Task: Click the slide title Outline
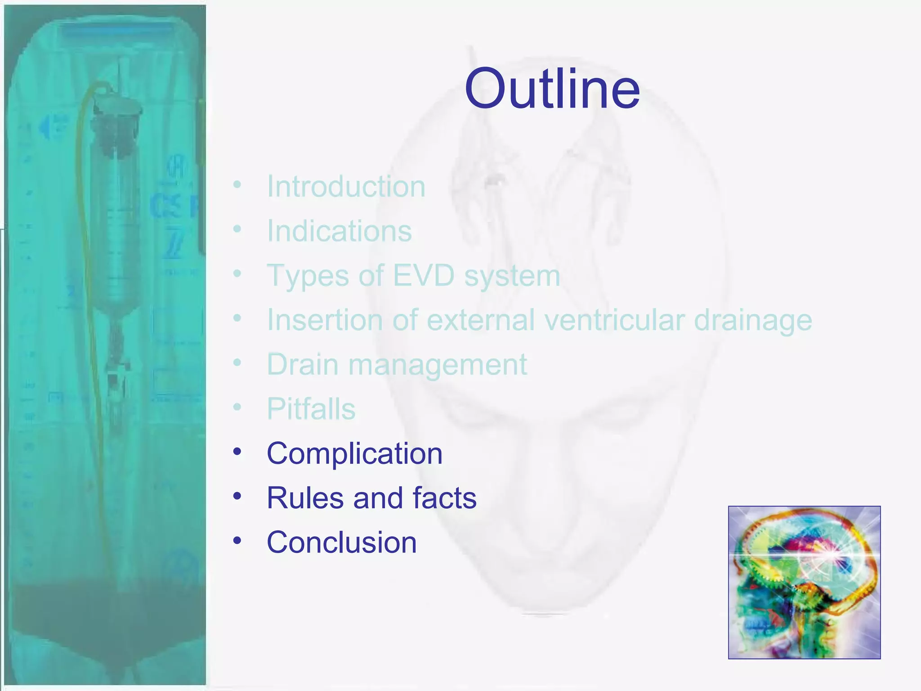(552, 89)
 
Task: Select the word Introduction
(346, 186)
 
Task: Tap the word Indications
(339, 231)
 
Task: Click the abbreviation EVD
(424, 275)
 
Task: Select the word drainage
(753, 320)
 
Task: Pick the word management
(437, 364)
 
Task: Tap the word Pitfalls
(311, 408)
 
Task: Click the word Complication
(354, 453)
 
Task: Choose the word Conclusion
(341, 542)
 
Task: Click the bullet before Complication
(237, 451)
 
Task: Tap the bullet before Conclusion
(237, 540)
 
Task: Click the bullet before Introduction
(237, 184)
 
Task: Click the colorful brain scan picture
(804, 582)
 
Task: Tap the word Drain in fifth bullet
(302, 364)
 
